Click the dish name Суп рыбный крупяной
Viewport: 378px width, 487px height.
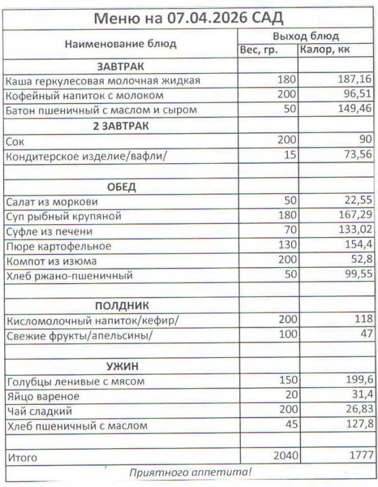pos(63,217)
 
